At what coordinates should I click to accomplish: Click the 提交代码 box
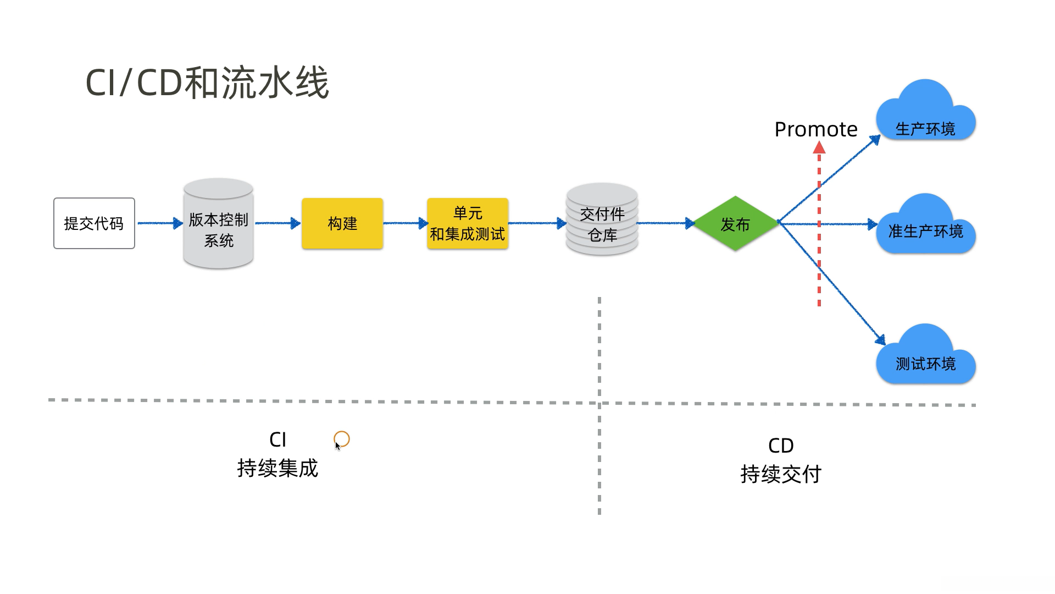[94, 223]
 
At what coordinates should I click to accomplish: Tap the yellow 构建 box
[342, 223]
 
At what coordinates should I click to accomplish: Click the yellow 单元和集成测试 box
[468, 223]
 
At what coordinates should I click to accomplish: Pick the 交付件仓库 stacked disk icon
[602, 220]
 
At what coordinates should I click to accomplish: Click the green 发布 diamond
[735, 224]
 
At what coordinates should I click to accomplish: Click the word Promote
[816, 129]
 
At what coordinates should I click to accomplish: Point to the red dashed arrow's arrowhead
[819, 147]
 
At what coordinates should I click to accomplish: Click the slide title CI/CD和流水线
[207, 83]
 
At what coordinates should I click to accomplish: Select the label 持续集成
[277, 469]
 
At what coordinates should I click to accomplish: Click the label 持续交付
[781, 474]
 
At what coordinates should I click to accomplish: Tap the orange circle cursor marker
[342, 439]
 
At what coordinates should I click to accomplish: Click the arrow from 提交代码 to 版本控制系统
[159, 223]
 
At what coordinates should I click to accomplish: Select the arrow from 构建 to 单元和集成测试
[405, 223]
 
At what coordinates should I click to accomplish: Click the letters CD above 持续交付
[781, 446]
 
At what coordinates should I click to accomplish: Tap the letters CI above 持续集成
[277, 439]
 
